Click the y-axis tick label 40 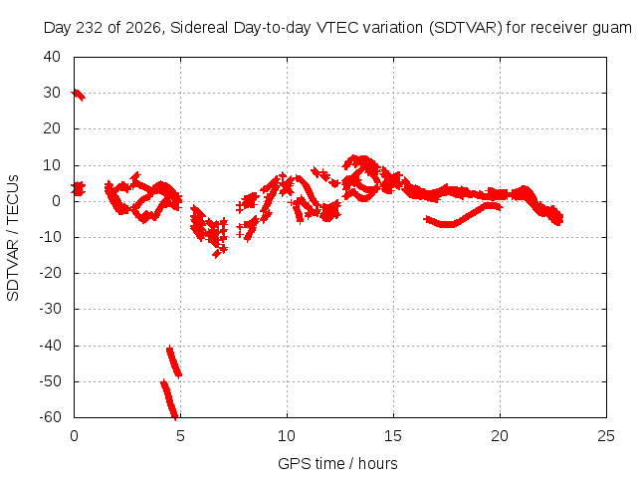[52, 57]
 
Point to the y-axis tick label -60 [50, 417]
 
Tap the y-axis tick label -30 [50, 309]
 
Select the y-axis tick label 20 [52, 128]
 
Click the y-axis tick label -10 [50, 237]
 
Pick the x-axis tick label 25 [606, 436]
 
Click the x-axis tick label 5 [180, 436]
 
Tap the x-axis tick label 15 [393, 436]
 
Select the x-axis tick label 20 [500, 436]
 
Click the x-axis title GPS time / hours [337, 463]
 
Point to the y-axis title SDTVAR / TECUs [13, 238]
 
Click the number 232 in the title [89, 28]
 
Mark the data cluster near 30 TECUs [78, 95]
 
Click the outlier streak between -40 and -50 [174, 361]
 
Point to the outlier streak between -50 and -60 [169, 400]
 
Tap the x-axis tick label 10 [287, 436]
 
